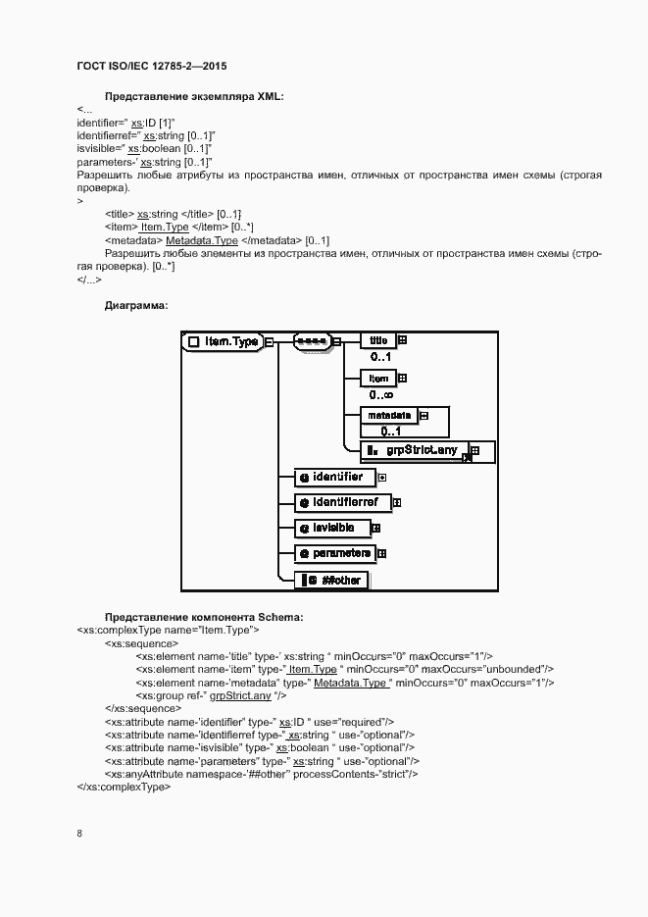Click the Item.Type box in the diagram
pos(224,341)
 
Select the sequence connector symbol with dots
pos(312,341)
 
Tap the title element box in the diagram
pos(377,340)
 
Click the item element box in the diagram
pos(378,378)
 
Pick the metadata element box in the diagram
pos(389,415)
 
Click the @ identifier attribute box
pos(335,478)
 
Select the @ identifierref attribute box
pos(342,502)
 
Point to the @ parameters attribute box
pos(335,553)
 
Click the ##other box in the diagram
pos(334,580)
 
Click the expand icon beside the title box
pos(401,340)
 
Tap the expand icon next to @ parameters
pos(381,553)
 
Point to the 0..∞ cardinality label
pos(382,394)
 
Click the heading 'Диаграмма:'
pos(136,306)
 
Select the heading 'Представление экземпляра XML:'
pos(193,95)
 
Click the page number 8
pos(79,834)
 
